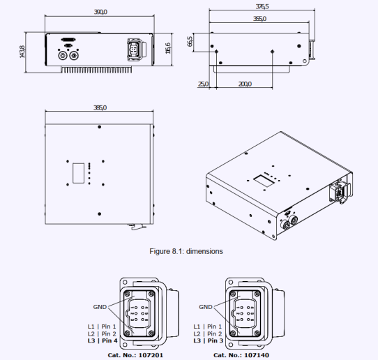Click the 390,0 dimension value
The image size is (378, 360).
pyautogui.click(x=100, y=12)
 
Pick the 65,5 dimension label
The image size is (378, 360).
pyautogui.click(x=190, y=42)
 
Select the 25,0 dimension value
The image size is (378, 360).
pyautogui.click(x=204, y=84)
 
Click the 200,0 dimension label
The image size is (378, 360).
pyautogui.click(x=245, y=84)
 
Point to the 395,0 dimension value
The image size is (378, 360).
pyautogui.click(x=100, y=108)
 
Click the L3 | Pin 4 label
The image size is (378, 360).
pyautogui.click(x=102, y=341)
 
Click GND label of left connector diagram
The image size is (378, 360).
pyautogui.click(x=100, y=306)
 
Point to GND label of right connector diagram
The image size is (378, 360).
pyautogui.click(x=205, y=306)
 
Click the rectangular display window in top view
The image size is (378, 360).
pyautogui.click(x=79, y=171)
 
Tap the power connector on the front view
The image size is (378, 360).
pyautogui.click(x=133, y=51)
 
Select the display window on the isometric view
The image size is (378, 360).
pyautogui.click(x=263, y=179)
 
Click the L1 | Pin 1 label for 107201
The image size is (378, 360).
pyautogui.click(x=102, y=326)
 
